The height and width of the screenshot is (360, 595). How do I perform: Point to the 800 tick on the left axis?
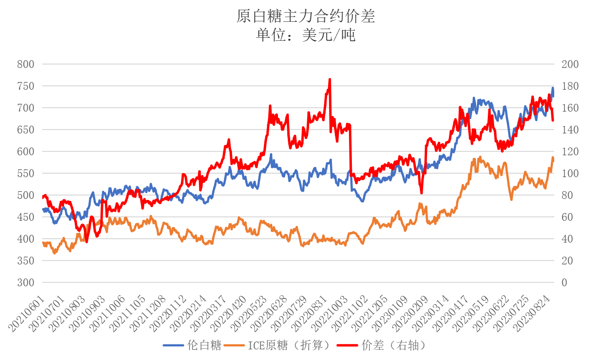[25, 64]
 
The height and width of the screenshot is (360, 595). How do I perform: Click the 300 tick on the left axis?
[25, 282]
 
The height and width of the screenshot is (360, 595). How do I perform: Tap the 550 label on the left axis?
[25, 173]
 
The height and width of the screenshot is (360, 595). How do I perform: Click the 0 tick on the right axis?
[564, 282]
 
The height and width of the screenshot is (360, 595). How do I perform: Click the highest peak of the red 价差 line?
[330, 79]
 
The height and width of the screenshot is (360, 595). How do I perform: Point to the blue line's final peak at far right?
[552, 88]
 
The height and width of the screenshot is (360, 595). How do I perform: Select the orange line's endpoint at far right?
[553, 159]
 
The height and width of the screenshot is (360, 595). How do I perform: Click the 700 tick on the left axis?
[25, 108]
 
